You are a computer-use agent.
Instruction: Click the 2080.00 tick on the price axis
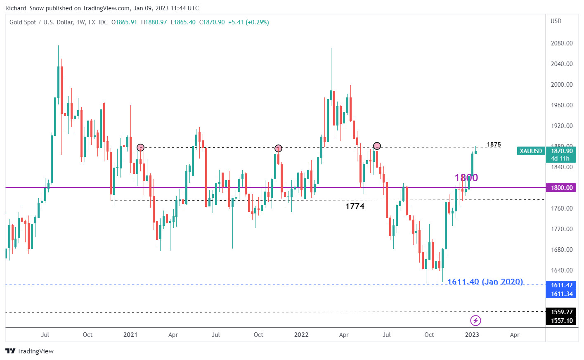(561, 43)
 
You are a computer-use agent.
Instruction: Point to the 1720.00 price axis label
(561, 229)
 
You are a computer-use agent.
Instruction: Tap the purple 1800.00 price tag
(561, 188)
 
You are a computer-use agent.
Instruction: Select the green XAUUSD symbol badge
(530, 151)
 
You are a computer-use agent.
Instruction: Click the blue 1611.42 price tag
(561, 285)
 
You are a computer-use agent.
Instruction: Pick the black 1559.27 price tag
(561, 312)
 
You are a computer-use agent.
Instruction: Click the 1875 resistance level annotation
(494, 144)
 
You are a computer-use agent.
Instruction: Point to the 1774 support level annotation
(355, 206)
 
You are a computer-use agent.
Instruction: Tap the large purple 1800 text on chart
(466, 178)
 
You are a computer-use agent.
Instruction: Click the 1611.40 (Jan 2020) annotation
(485, 282)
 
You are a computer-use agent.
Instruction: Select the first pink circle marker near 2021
(140, 148)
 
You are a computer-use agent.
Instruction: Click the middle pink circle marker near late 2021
(278, 148)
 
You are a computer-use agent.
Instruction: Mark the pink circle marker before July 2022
(377, 146)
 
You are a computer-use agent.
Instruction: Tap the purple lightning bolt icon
(475, 320)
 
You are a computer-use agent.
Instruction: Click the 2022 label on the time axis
(301, 335)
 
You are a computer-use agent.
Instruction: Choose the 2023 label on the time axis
(472, 335)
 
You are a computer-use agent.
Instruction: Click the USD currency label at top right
(556, 21)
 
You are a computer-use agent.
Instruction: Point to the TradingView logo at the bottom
(29, 351)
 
